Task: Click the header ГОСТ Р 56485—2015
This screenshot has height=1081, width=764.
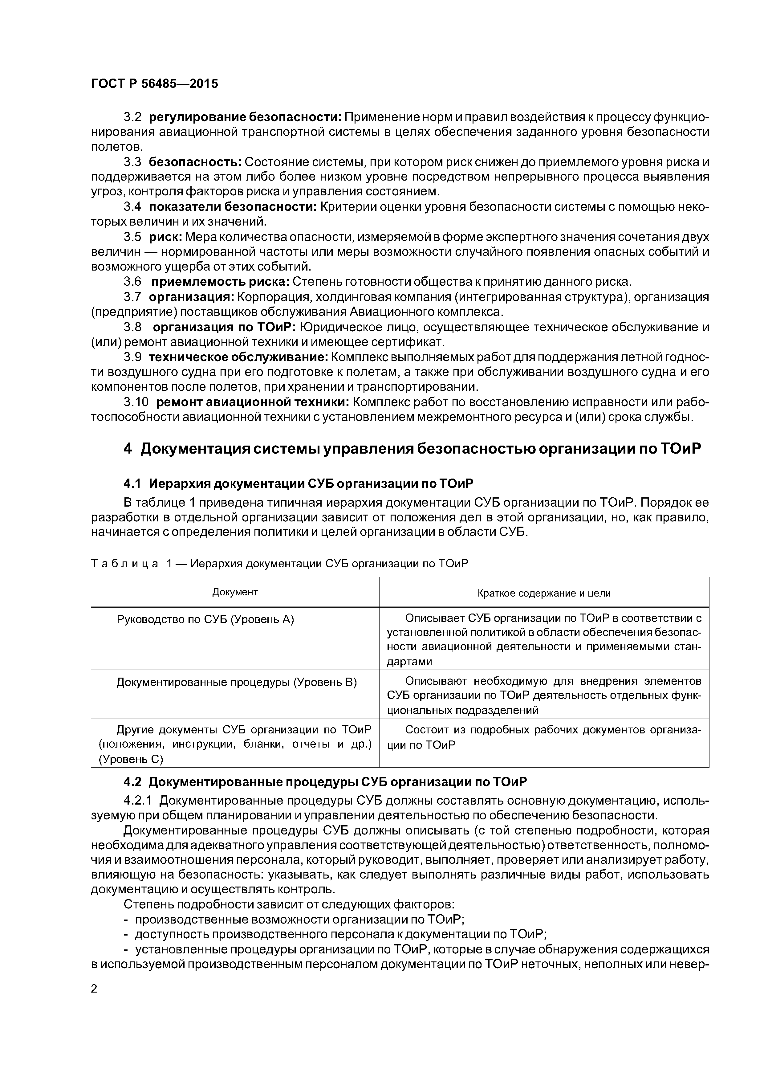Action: [x=154, y=84]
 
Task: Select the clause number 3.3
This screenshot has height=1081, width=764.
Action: [x=132, y=162]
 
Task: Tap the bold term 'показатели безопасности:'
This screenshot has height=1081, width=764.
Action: [x=233, y=207]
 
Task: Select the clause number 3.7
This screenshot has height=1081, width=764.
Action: [x=132, y=297]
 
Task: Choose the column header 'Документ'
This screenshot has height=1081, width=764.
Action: [x=235, y=592]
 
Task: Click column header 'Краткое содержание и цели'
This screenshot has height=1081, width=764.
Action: [x=544, y=593]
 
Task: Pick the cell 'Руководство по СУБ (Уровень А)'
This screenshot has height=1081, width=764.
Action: [x=205, y=620]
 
